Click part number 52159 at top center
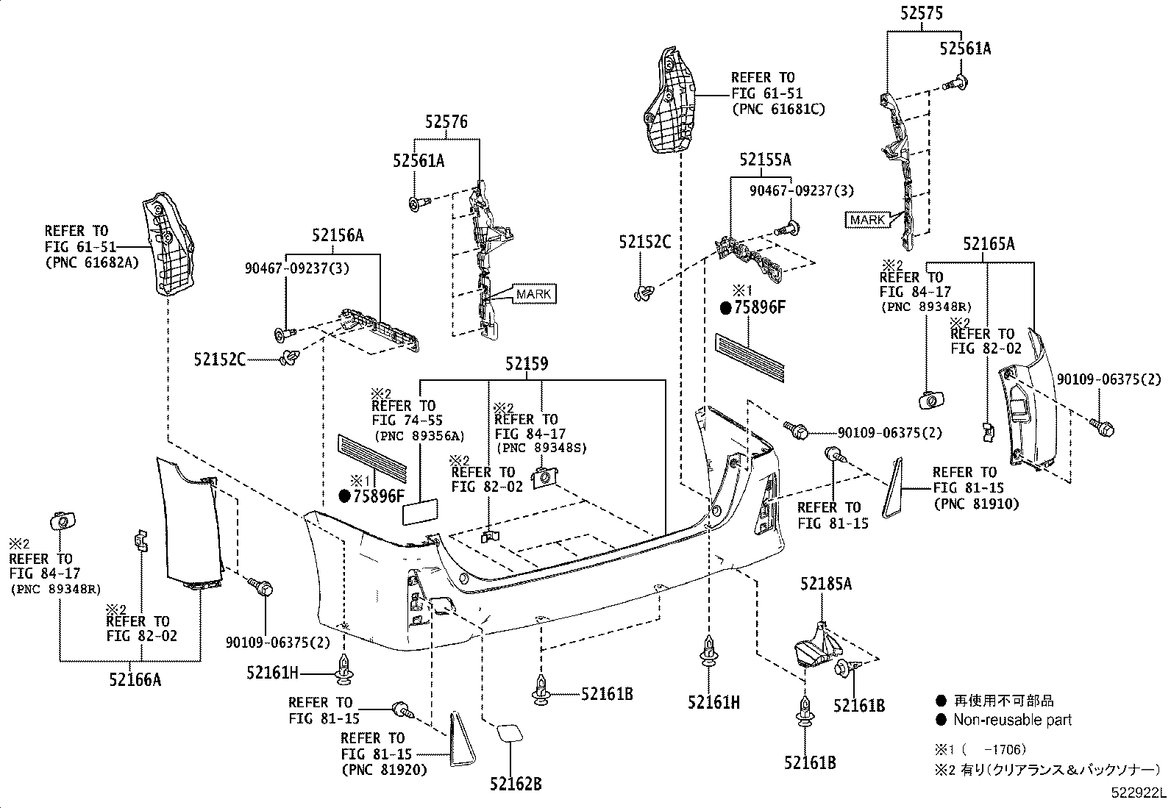tap(526, 364)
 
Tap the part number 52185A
tap(826, 584)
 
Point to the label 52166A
tap(135, 679)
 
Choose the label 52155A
tap(766, 160)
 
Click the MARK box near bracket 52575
tap(868, 220)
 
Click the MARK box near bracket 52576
tap(533, 294)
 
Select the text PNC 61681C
tap(778, 110)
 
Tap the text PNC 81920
tap(384, 770)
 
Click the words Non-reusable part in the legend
tap(1012, 720)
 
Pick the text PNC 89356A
tap(419, 436)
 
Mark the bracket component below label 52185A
tap(816, 645)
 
